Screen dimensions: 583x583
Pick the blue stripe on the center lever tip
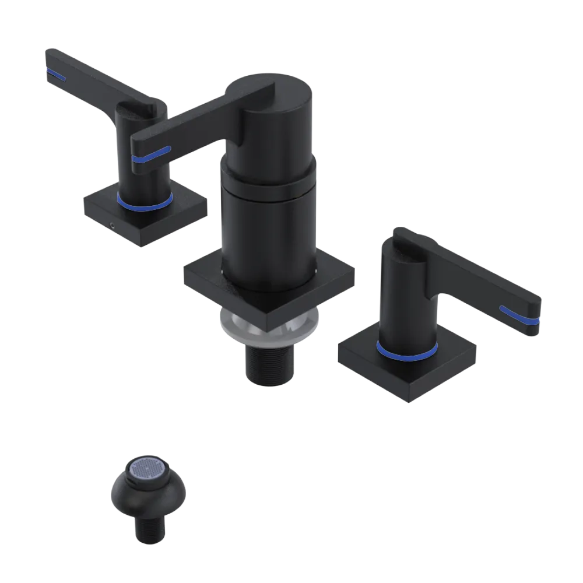point(150,154)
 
